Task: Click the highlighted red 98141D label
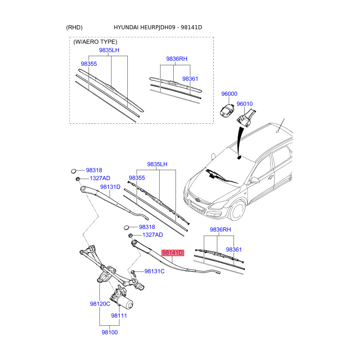pyautogui.click(x=173, y=253)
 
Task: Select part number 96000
pyautogui.click(x=229, y=94)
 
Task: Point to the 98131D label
pyautogui.click(x=110, y=187)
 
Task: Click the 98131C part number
pyautogui.click(x=154, y=271)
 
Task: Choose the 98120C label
pyautogui.click(x=100, y=304)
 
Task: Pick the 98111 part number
pyautogui.click(x=119, y=316)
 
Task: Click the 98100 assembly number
pyautogui.click(x=109, y=332)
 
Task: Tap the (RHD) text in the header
pyautogui.click(x=74, y=28)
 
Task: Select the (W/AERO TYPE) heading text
pyautogui.click(x=95, y=42)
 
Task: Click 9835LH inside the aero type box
pyautogui.click(x=109, y=51)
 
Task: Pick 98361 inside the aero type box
pyautogui.click(x=190, y=79)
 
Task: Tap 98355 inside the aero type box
pyautogui.click(x=89, y=64)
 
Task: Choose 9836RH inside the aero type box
pyautogui.click(x=176, y=59)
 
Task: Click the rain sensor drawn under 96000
pyautogui.click(x=228, y=109)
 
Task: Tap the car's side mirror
pyautogui.click(x=255, y=180)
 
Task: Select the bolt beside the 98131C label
pyautogui.click(x=134, y=272)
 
